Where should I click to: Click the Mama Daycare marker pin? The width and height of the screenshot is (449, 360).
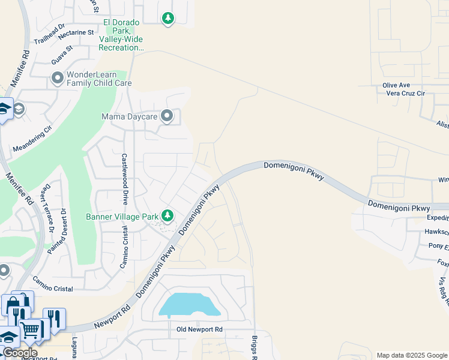167,116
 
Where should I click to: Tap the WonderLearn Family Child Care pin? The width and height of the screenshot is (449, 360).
58,77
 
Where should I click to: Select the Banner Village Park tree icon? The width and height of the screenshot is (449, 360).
168,215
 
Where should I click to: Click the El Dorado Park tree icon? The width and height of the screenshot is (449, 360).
168,19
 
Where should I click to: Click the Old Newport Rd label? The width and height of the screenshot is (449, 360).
200,329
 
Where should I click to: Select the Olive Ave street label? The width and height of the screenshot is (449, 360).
396,86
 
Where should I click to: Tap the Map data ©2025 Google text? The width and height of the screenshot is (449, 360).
411,355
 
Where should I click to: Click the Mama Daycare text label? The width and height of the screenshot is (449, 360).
129,116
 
